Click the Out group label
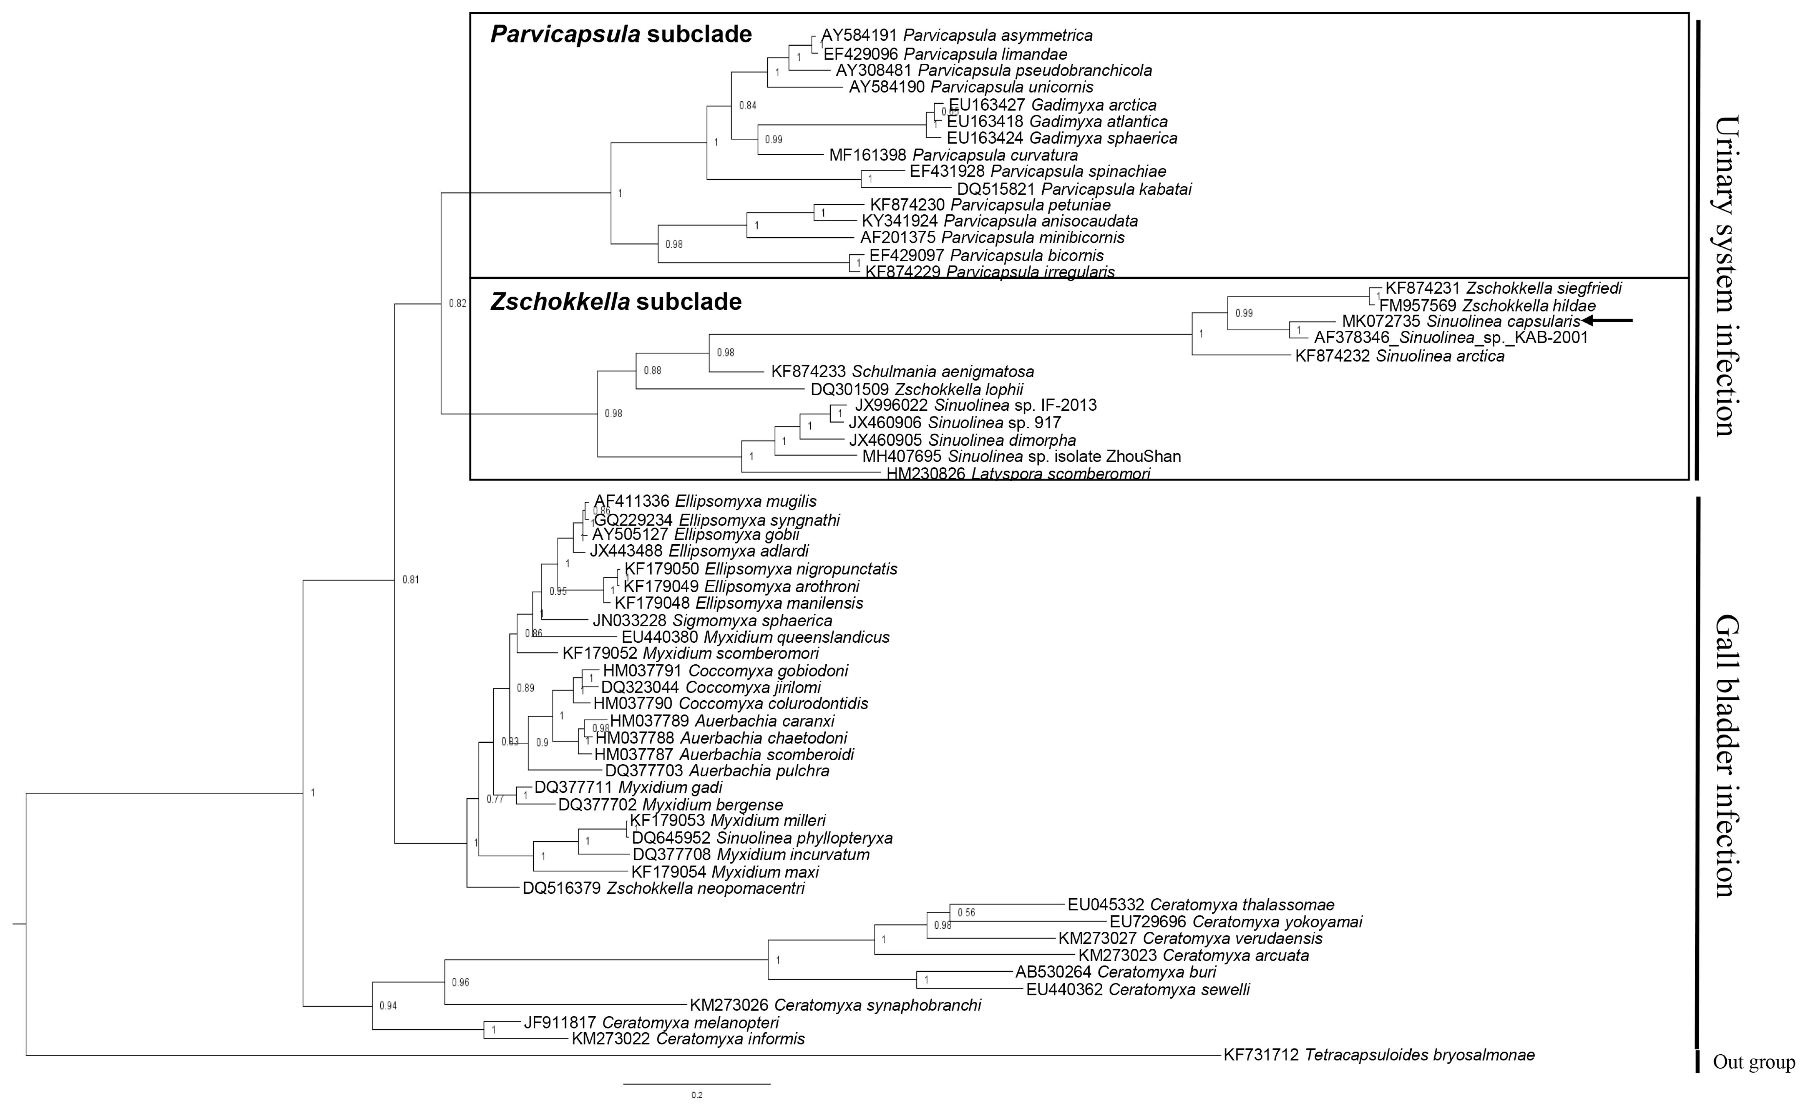(x=1754, y=1062)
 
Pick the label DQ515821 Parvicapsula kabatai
(x=1074, y=189)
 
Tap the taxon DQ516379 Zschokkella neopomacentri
(x=664, y=888)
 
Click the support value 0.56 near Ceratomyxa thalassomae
(x=966, y=913)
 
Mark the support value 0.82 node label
(x=457, y=303)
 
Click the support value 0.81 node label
(x=410, y=580)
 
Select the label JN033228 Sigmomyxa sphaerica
(x=712, y=621)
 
